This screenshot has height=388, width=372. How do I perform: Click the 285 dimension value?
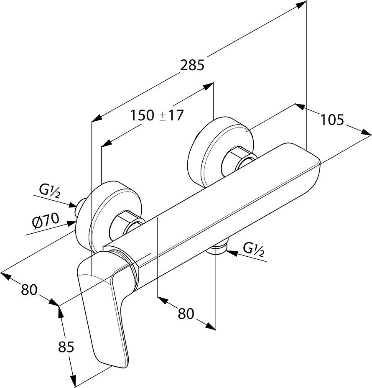pos(192,65)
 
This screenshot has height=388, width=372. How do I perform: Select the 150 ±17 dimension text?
pos(157,115)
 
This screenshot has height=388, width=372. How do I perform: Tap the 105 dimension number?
pos(332,120)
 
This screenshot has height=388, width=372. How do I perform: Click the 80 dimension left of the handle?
pos(29,289)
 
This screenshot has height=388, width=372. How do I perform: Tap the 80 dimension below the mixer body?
pos(186,313)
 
